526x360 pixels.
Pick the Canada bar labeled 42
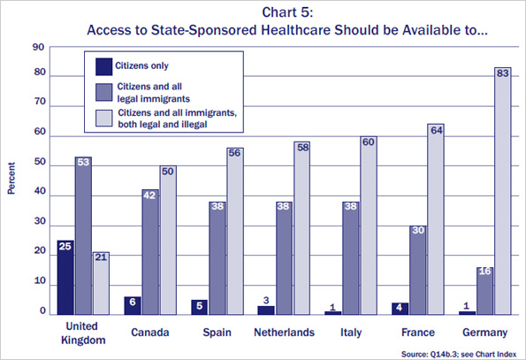pyautogui.click(x=150, y=251)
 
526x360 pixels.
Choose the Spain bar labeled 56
pyautogui.click(x=233, y=230)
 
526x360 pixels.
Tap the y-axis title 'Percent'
pyautogui.click(x=11, y=178)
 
